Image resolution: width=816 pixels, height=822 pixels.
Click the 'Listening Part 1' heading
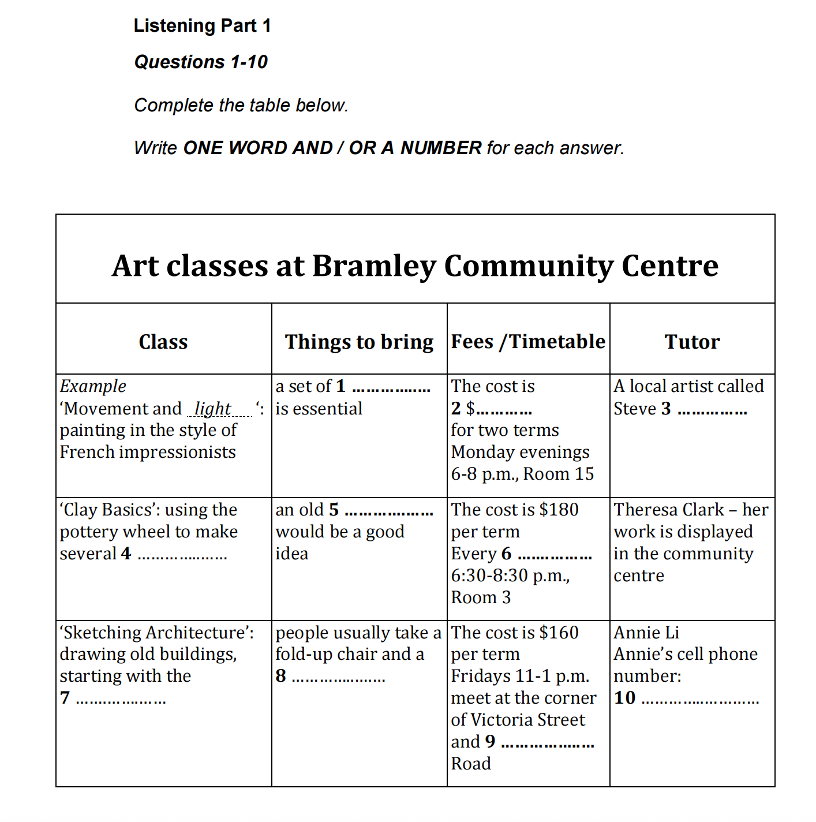click(202, 26)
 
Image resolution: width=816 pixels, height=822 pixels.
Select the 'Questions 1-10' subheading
click(201, 62)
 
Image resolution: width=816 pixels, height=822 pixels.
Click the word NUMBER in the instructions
click(441, 148)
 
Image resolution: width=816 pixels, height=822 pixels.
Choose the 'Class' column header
click(163, 342)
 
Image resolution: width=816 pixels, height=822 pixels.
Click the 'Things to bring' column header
click(359, 342)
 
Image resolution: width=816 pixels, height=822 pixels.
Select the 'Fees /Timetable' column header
click(528, 342)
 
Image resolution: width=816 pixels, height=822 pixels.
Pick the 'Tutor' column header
click(692, 342)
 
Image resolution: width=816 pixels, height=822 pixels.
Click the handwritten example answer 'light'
click(212, 409)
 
